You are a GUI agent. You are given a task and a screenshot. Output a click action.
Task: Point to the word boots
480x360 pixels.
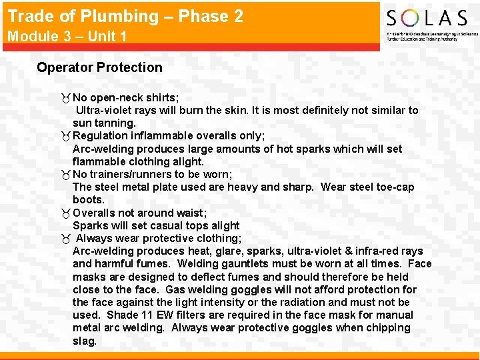(x=89, y=199)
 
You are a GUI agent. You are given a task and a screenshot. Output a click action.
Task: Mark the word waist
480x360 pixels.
(x=189, y=213)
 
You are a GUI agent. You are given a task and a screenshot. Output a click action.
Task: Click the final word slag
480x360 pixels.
(x=84, y=340)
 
